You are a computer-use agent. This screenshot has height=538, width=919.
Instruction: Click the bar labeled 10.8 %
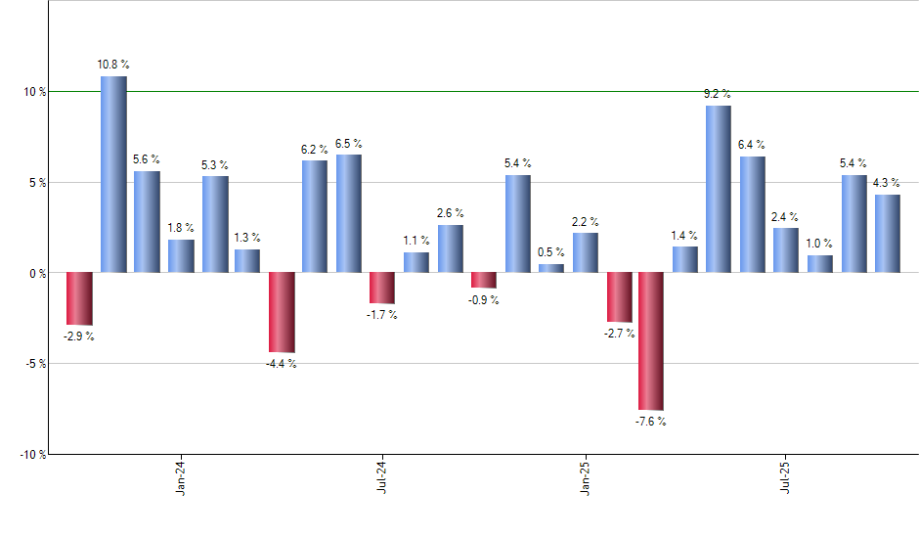pyautogui.click(x=113, y=174)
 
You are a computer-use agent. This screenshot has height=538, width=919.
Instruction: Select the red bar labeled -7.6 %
pyautogui.click(x=651, y=340)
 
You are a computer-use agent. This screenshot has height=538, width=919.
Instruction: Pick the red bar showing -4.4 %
pyautogui.click(x=282, y=312)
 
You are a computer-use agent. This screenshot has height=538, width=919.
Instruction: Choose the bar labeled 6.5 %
pyautogui.click(x=349, y=213)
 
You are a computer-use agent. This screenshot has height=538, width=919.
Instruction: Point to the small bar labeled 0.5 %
pyautogui.click(x=551, y=268)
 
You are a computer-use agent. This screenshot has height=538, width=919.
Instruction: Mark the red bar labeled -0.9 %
pyautogui.click(x=484, y=280)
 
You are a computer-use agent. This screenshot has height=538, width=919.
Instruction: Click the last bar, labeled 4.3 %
pyautogui.click(x=887, y=234)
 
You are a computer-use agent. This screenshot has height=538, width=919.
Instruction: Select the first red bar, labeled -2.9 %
pyautogui.click(x=79, y=298)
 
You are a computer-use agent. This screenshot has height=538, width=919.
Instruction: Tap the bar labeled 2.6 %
pyautogui.click(x=451, y=248)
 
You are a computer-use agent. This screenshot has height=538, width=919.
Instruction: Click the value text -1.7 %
pyautogui.click(x=381, y=315)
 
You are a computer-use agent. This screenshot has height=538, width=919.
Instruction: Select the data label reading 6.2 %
pyautogui.click(x=315, y=149)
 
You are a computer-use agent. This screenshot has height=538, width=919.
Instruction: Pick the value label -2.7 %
pyautogui.click(x=619, y=334)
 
